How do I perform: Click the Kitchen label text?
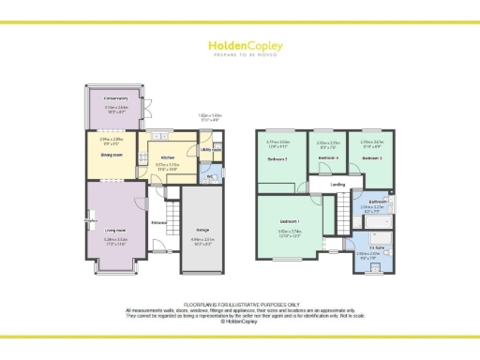pos(168,157)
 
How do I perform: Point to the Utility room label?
pos(211,149)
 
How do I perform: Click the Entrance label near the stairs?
pos(159,222)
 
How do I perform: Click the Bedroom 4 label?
pos(327,157)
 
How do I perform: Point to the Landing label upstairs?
pos(337,185)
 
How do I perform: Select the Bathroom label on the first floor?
pos(377,201)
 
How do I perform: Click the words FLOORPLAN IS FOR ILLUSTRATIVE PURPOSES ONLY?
pos(239,305)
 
